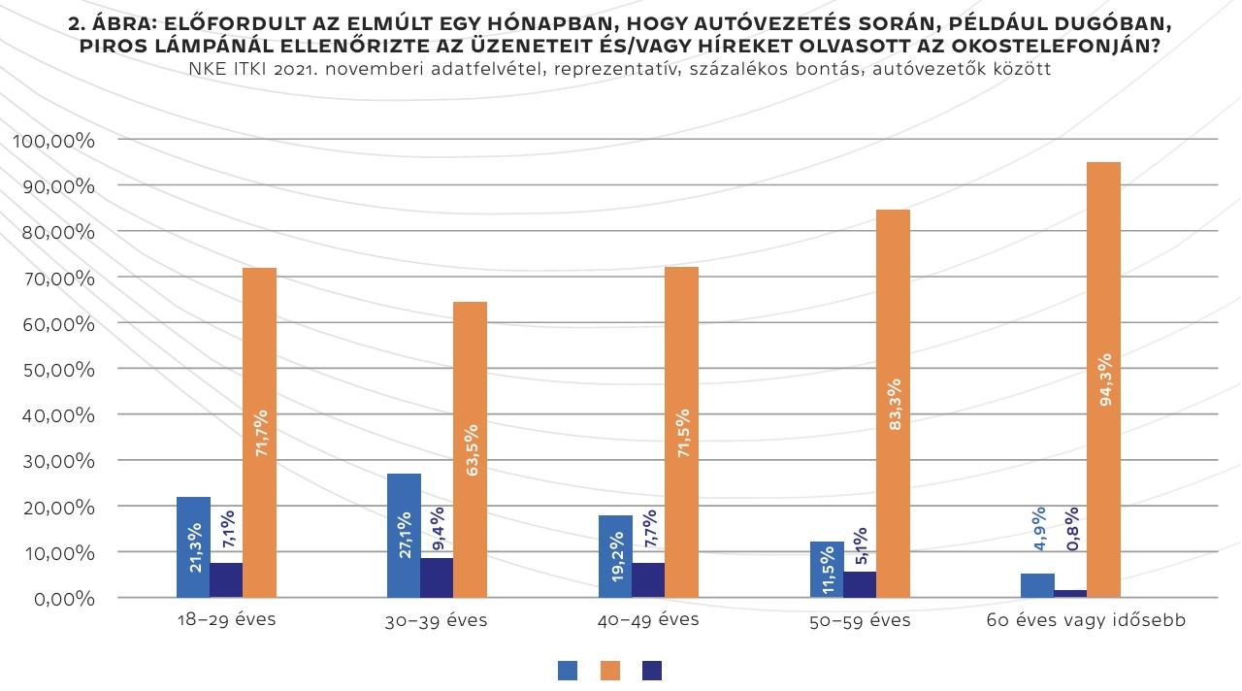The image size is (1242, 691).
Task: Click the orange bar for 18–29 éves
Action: [259, 432]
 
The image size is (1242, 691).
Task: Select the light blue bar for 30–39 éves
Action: [404, 535]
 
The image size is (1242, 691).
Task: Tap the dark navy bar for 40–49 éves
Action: [648, 579]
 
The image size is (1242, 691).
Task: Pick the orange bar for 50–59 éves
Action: [893, 403]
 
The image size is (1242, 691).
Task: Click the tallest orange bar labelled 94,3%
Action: [1103, 379]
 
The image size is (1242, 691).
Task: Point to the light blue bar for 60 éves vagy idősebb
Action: [1037, 585]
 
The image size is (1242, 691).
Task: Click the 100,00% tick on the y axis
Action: [54, 141]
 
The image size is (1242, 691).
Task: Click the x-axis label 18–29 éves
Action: [227, 619]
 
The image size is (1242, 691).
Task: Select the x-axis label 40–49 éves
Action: [649, 619]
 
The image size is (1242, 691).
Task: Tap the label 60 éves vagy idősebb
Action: [1086, 620]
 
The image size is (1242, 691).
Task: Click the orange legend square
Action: [610, 670]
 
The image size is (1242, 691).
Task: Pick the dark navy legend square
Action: [652, 670]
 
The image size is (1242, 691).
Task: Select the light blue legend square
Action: [568, 670]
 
